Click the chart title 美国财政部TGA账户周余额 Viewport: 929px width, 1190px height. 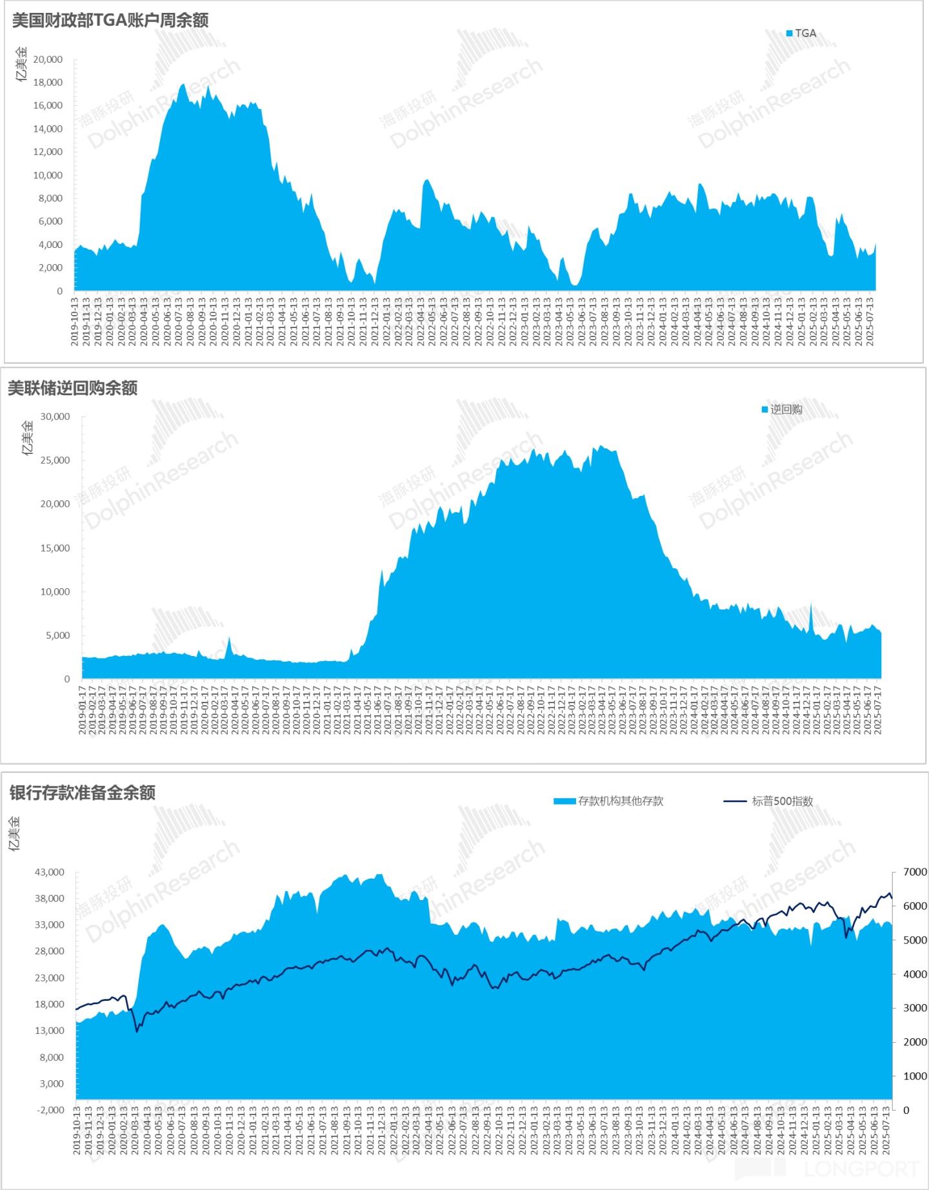point(110,21)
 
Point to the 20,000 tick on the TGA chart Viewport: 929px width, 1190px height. point(48,59)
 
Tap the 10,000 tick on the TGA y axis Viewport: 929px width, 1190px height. point(48,175)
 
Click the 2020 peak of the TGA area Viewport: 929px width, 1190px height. point(183,85)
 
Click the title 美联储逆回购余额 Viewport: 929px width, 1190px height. point(72,388)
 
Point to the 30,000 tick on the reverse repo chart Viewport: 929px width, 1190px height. point(55,416)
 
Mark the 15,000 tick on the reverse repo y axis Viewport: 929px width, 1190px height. point(55,548)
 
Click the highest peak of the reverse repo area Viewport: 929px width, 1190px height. point(601,446)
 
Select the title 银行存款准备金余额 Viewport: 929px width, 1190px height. point(82,793)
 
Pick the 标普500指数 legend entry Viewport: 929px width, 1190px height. point(781,801)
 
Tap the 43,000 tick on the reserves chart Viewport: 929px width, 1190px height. point(50,872)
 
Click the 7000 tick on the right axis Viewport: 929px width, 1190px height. point(914,872)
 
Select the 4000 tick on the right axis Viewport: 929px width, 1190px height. point(914,974)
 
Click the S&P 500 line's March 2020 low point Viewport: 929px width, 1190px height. point(137,1031)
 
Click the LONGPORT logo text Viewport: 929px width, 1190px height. point(862,1169)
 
